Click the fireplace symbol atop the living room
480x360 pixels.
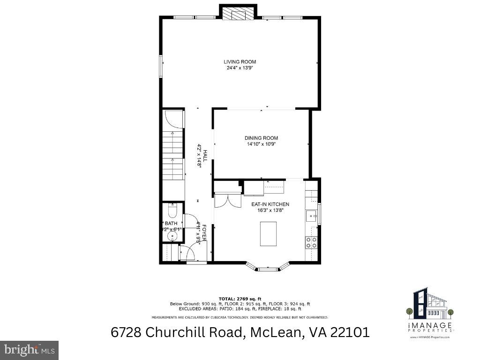pyautogui.click(x=238, y=14)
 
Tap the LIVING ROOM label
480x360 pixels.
pyautogui.click(x=240, y=62)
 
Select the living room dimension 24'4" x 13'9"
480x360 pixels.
pyautogui.click(x=240, y=68)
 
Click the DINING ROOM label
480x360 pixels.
pyautogui.click(x=261, y=138)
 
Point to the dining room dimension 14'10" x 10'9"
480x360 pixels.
pyautogui.click(x=261, y=144)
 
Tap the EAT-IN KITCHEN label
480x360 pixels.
pyautogui.click(x=270, y=204)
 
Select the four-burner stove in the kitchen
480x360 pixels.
pyautogui.click(x=311, y=242)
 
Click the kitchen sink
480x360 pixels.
pyautogui.click(x=312, y=217)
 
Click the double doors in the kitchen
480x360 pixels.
pyautogui.click(x=227, y=202)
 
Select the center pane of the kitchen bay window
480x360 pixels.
pyautogui.click(x=268, y=269)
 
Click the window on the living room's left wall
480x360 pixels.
pyautogui.click(x=161, y=66)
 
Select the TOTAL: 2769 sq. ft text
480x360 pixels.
pyautogui.click(x=240, y=299)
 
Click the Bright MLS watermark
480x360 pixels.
pyautogui.click(x=29, y=350)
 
